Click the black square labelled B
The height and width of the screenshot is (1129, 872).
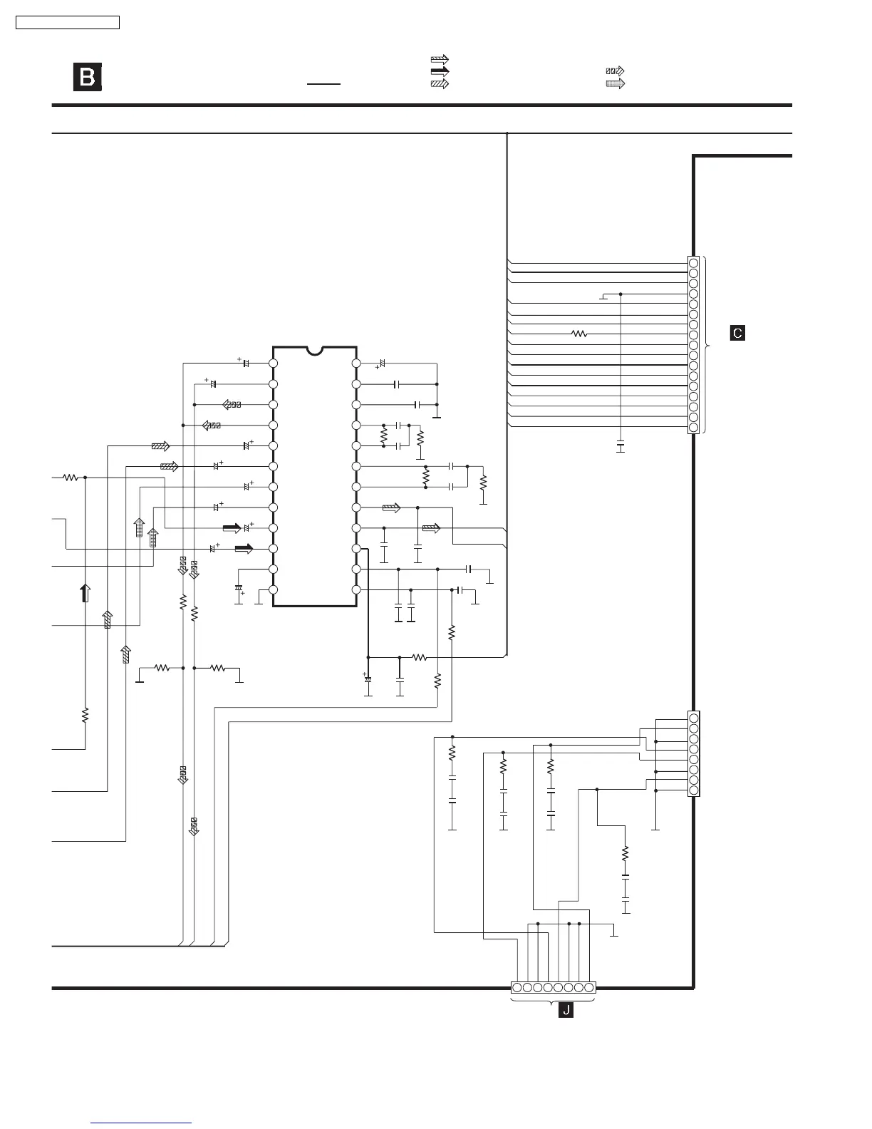(x=88, y=77)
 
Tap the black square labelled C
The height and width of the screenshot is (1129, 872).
(x=737, y=333)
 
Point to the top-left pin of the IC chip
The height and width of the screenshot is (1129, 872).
(x=273, y=364)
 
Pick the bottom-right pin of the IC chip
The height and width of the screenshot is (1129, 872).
(x=357, y=591)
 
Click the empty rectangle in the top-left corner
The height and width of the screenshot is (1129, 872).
(x=68, y=23)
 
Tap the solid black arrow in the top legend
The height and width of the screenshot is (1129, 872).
(x=440, y=71)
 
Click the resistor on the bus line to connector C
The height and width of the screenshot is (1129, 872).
(x=580, y=334)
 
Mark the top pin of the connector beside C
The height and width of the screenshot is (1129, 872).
(x=693, y=263)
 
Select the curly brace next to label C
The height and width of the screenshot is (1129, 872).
(x=707, y=345)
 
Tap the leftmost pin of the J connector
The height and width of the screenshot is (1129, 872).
(x=518, y=988)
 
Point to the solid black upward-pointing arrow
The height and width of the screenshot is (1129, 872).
(x=85, y=593)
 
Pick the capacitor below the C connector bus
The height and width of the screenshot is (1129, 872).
(x=621, y=447)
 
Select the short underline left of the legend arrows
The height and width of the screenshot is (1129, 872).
(x=324, y=83)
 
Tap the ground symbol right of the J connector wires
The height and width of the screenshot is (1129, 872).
(x=616, y=934)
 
